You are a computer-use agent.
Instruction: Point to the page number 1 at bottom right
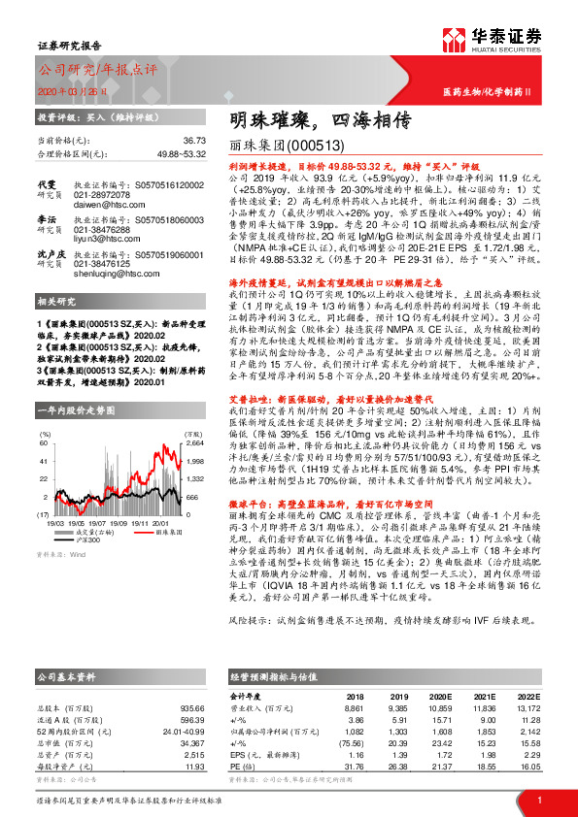(x=538, y=801)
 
